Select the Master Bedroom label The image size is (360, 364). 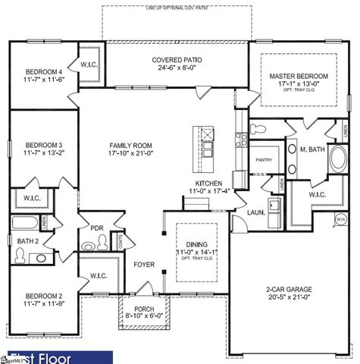click(x=299, y=77)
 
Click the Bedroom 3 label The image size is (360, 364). click(x=43, y=145)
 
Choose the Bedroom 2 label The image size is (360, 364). click(x=43, y=296)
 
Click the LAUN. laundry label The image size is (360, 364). click(x=255, y=213)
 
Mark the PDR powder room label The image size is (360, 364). click(x=97, y=227)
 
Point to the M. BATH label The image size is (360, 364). click(x=312, y=149)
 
